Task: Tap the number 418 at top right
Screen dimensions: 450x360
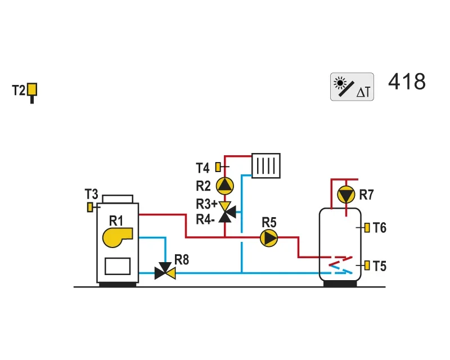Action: pyautogui.click(x=407, y=82)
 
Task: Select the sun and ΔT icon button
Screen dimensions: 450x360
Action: pyautogui.click(x=352, y=87)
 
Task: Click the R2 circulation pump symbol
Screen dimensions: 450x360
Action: pyautogui.click(x=224, y=186)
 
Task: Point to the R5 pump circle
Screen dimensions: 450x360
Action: pyautogui.click(x=269, y=238)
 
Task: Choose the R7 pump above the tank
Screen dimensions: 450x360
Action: pyautogui.click(x=346, y=195)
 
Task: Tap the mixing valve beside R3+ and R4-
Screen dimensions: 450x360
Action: pyautogui.click(x=227, y=212)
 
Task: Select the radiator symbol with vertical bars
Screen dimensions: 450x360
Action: pyautogui.click(x=266, y=165)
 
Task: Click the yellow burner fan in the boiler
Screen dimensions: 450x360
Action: pyautogui.click(x=118, y=237)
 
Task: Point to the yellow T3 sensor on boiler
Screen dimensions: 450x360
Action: pyautogui.click(x=90, y=207)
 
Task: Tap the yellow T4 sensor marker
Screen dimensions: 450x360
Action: pyautogui.click(x=218, y=167)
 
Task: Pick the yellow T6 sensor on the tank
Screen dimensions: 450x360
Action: pyautogui.click(x=367, y=228)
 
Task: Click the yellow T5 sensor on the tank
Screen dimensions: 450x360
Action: pyautogui.click(x=367, y=265)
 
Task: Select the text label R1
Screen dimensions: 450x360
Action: pyautogui.click(x=116, y=221)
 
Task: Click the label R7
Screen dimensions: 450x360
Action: pyautogui.click(x=367, y=195)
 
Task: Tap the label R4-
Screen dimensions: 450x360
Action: pyautogui.click(x=205, y=219)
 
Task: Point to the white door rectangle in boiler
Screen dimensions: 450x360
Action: pyautogui.click(x=118, y=266)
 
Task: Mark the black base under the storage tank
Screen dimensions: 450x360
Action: pyautogui.click(x=340, y=283)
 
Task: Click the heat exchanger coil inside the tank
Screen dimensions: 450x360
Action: pyautogui.click(x=341, y=265)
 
